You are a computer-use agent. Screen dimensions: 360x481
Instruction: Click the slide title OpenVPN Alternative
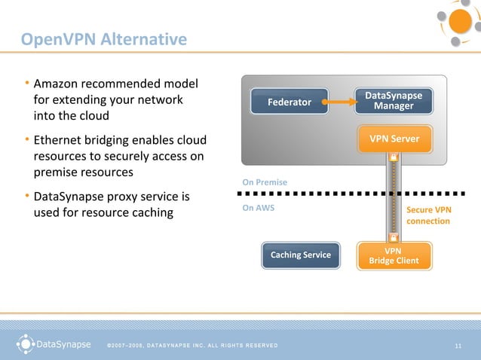click(x=103, y=39)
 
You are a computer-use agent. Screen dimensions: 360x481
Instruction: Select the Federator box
click(x=290, y=101)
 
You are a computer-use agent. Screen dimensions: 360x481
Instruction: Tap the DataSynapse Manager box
click(x=394, y=101)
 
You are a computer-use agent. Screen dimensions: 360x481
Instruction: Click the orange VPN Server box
click(x=394, y=139)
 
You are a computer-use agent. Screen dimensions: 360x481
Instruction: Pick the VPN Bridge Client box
click(x=393, y=255)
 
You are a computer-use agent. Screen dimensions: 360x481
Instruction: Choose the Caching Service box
click(x=301, y=255)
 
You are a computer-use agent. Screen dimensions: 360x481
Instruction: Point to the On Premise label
click(x=265, y=182)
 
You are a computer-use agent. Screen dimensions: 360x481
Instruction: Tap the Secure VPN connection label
click(x=428, y=215)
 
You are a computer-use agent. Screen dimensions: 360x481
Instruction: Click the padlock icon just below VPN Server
click(x=393, y=158)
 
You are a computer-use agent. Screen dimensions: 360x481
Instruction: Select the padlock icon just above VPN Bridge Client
click(x=393, y=236)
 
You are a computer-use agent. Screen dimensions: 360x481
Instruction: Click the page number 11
click(x=458, y=346)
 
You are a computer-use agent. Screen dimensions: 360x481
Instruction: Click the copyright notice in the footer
click(x=192, y=346)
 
